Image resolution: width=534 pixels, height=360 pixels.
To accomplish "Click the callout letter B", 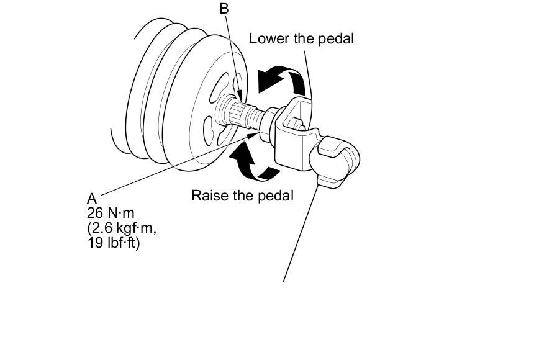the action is coord(224,8).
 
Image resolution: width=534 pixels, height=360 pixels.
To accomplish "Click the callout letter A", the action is coord(92,199).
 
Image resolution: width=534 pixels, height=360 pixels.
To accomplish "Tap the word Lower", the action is coord(269,38).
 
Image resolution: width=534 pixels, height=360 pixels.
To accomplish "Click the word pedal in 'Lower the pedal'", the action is coord(336,39).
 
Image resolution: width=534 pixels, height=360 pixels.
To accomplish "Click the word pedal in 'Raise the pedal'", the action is coord(276,196).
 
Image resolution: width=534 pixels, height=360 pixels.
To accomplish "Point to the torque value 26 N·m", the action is coord(111,214).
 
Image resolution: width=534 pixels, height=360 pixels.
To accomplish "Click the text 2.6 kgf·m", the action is coord(122,228).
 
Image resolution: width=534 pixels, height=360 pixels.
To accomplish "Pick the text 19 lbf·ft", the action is coord(114,244).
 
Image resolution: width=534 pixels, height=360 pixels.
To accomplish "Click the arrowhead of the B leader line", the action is coord(240,96).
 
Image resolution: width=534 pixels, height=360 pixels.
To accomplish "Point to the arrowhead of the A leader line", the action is coord(252,135).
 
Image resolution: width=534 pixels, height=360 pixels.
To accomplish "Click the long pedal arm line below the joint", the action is coord(301,233).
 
